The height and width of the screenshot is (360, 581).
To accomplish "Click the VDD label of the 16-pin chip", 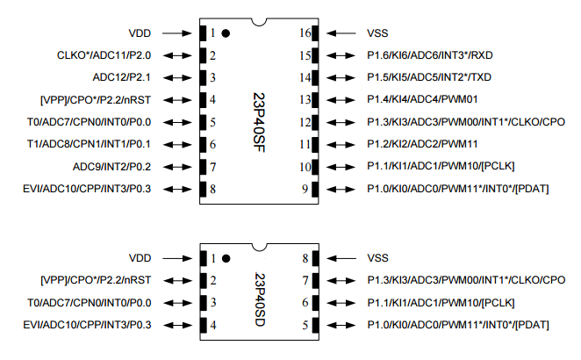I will [140, 32].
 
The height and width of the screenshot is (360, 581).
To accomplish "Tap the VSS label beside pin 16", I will [378, 32].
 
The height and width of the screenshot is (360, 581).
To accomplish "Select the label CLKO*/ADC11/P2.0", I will [104, 55].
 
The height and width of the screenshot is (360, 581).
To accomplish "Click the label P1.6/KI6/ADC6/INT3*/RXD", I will [441, 55].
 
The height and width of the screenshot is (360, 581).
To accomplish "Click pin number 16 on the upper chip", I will [305, 33].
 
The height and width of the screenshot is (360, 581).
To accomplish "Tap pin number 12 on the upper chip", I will [305, 121].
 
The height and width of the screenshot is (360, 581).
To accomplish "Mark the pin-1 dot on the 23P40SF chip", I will [226, 33].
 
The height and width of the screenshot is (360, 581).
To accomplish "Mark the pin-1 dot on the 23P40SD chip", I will [226, 259].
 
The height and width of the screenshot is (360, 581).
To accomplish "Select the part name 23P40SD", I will [260, 293].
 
